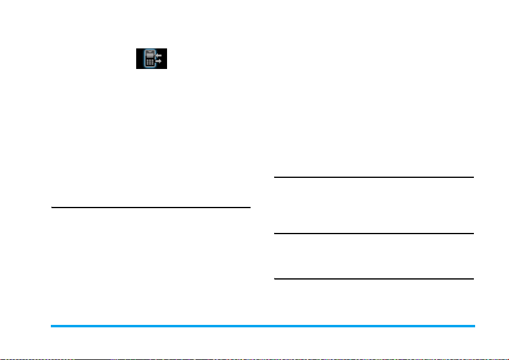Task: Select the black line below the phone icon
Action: (151, 208)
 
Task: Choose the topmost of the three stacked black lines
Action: (373, 177)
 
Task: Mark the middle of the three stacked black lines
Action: (373, 234)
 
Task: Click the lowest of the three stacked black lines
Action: (373, 279)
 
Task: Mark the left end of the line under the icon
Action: (52, 208)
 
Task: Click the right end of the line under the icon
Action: (249, 208)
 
